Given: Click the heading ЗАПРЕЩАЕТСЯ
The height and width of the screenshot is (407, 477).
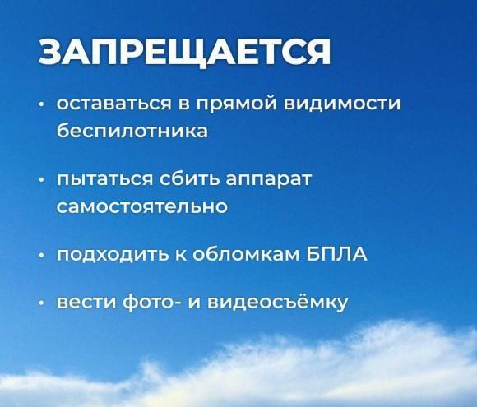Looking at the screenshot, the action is point(184,53).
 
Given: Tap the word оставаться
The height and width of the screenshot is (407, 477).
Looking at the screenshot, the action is point(113,104).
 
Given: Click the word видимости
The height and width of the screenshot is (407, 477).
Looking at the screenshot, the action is point(342,104).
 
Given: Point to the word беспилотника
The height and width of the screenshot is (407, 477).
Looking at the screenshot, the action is point(132,130).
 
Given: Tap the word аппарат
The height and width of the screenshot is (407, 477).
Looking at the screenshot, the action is point(269,179).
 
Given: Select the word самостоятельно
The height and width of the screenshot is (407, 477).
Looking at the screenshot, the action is point(142,206).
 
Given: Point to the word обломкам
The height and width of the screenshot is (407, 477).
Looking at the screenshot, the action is point(246,254).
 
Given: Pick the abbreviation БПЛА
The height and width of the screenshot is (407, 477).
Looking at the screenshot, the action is point(336,254).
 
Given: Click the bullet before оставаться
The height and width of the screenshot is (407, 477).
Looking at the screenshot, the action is point(42,104).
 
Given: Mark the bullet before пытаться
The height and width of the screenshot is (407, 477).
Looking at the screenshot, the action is point(42,180).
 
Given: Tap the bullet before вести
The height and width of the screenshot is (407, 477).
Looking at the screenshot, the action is point(42,303).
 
